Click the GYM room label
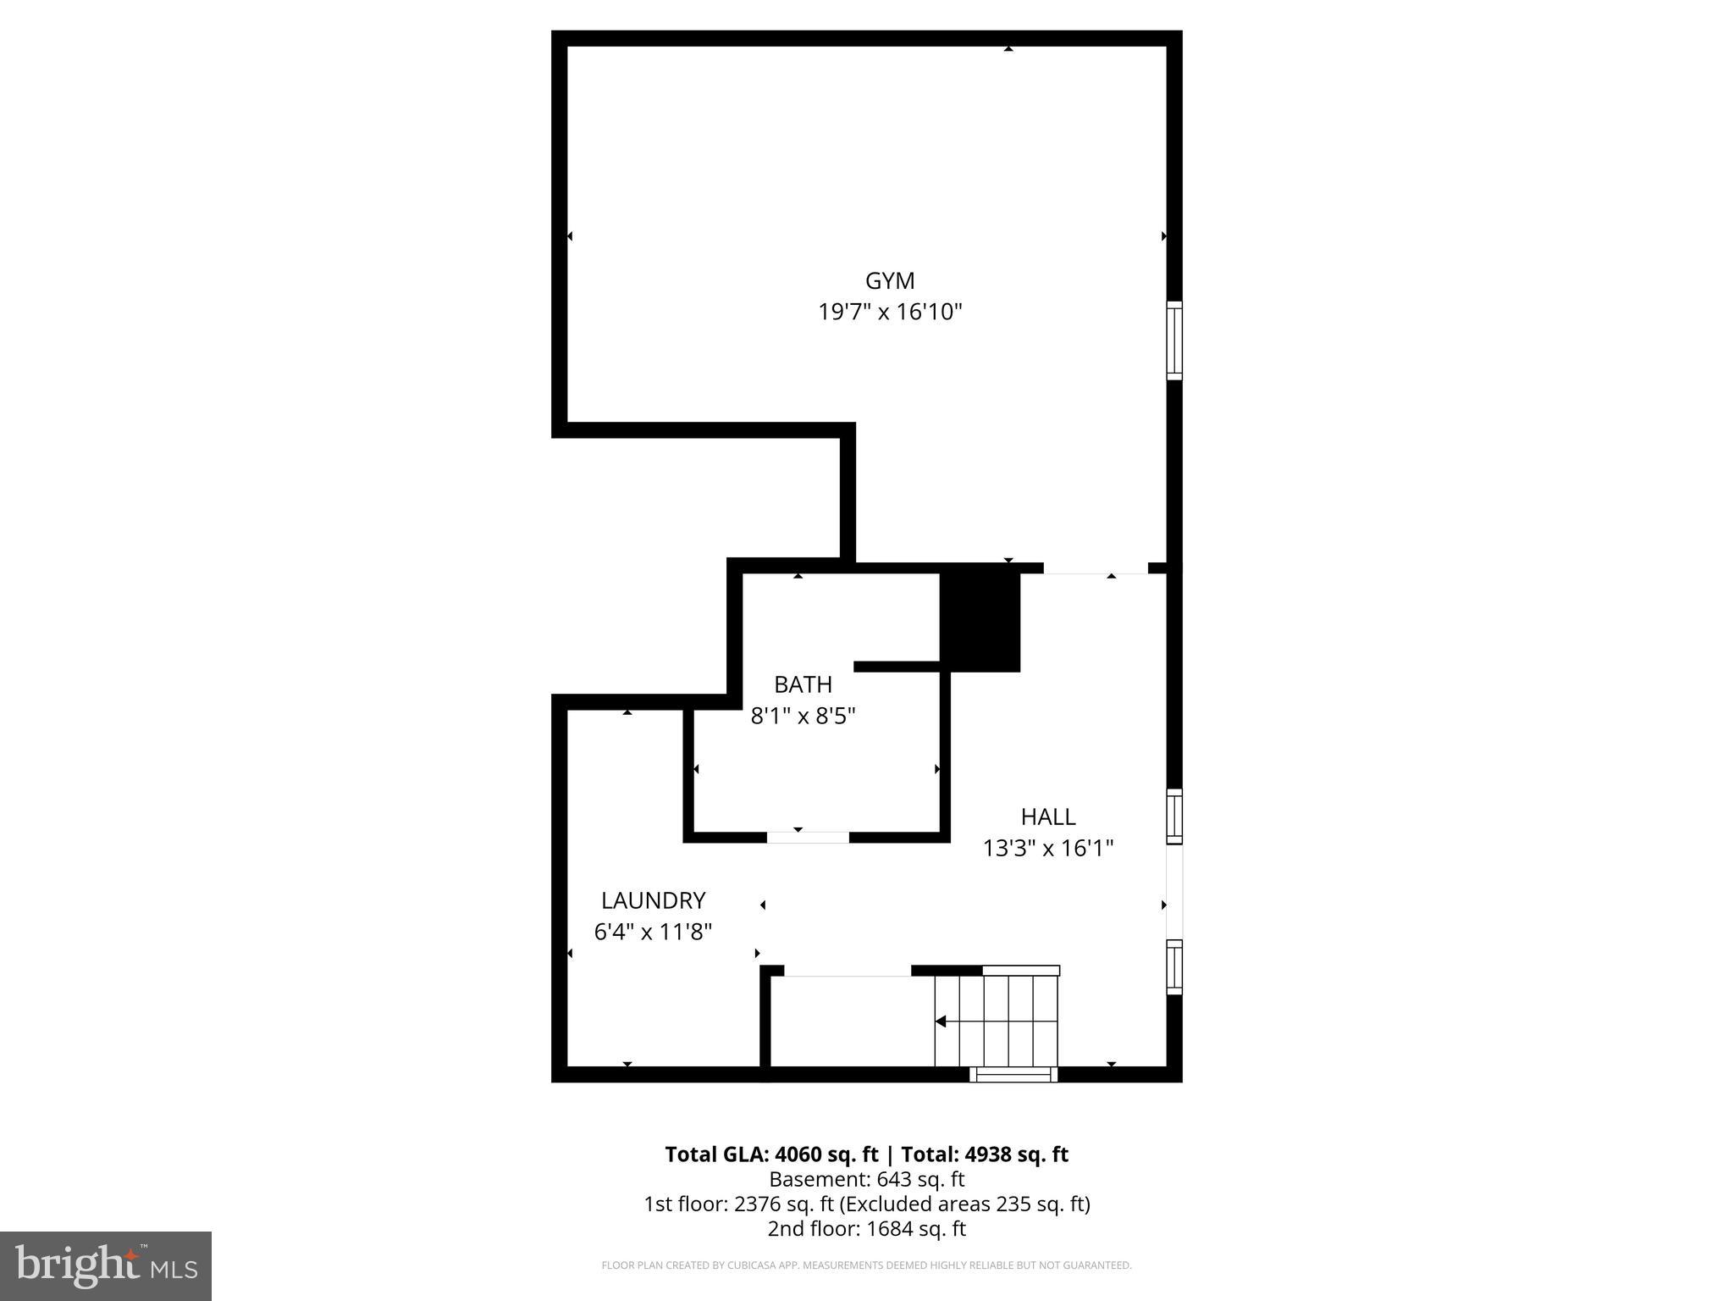click(x=889, y=280)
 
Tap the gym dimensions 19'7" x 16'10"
click(x=890, y=313)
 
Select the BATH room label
click(x=803, y=684)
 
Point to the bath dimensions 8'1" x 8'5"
click(x=803, y=717)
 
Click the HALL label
click(x=1047, y=817)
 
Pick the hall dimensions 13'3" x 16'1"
click(x=1047, y=848)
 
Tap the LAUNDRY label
click(x=653, y=900)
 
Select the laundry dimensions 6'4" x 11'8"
click(x=653, y=932)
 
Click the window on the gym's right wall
click(x=1173, y=340)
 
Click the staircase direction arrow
click(x=941, y=1021)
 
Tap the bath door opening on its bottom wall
click(x=808, y=838)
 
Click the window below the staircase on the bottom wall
click(x=1013, y=1074)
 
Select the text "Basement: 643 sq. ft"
click(x=866, y=1179)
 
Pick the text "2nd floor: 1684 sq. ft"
click(x=866, y=1228)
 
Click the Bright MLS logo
click(x=106, y=1265)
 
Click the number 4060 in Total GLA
click(x=798, y=1154)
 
